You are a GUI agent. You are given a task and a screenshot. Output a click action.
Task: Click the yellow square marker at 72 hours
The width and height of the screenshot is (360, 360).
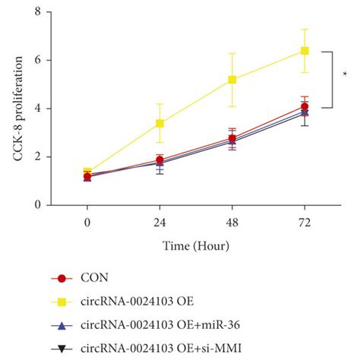(305, 51)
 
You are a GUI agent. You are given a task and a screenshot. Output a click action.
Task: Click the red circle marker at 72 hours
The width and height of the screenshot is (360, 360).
(305, 106)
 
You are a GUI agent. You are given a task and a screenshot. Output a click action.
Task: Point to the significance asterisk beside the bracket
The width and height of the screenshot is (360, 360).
(345, 74)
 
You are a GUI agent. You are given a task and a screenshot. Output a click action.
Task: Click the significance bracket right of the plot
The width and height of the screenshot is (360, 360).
(330, 79)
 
